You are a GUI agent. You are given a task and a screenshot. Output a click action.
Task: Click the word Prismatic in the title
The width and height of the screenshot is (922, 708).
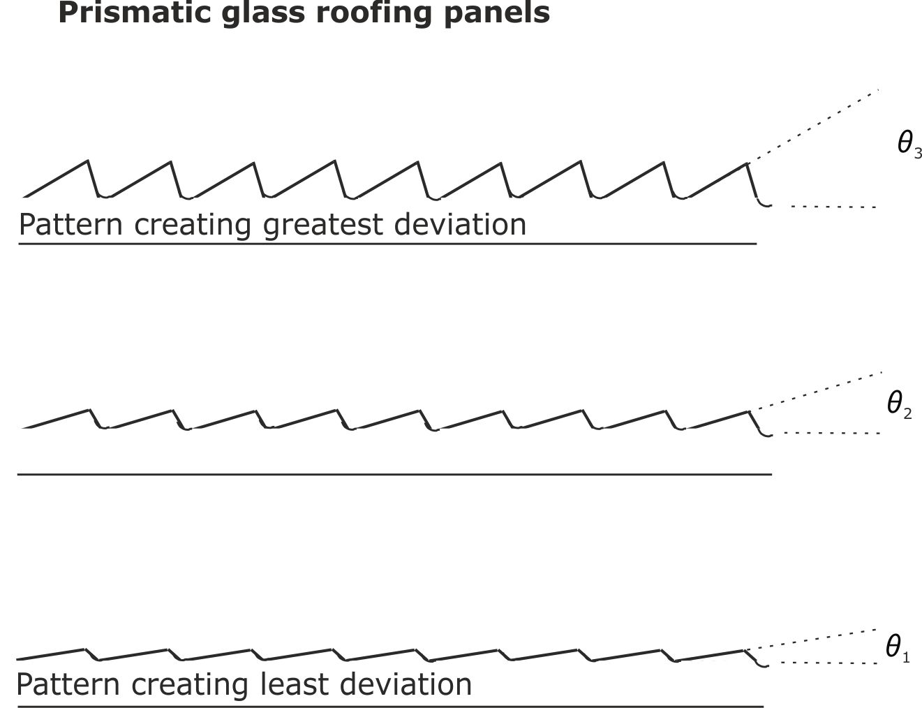pos(135,13)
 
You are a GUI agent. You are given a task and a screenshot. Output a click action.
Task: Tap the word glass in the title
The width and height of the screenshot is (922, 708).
pos(263,14)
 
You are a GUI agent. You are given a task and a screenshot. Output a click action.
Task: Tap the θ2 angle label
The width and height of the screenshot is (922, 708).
pos(899,405)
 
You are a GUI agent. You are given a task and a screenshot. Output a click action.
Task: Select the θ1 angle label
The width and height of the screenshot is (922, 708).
pos(898,648)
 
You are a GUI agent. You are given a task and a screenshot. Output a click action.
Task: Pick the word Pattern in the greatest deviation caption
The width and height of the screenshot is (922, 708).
pos(71,225)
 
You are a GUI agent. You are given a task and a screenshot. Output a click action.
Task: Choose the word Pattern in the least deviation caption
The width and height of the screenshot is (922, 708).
pos(68,684)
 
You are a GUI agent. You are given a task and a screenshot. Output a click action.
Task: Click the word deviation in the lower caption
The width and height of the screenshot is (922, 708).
pos(406,684)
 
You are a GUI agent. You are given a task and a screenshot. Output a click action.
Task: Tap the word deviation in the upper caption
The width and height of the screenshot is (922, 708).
pos(461,225)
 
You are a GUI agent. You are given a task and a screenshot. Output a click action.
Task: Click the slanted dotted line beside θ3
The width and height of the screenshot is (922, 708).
pos(813,126)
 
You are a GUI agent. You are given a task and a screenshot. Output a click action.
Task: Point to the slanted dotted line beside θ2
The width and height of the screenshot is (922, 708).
pos(815,391)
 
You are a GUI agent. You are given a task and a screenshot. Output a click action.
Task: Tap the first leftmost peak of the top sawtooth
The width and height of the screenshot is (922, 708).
pos(87,161)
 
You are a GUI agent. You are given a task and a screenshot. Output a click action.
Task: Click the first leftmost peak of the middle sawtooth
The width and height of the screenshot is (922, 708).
pos(89,410)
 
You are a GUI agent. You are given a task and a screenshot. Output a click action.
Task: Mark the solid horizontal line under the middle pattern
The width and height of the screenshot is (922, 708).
pos(394,474)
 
